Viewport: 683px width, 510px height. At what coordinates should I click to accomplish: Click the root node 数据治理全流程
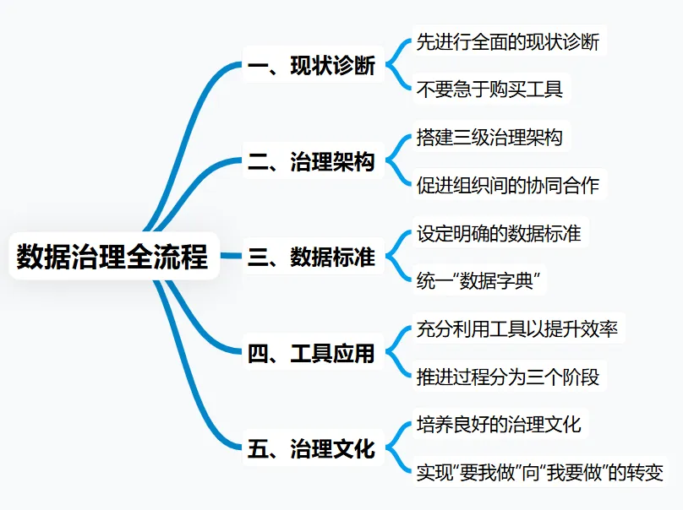click(x=112, y=256)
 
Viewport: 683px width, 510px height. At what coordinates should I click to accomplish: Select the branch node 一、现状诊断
click(x=311, y=66)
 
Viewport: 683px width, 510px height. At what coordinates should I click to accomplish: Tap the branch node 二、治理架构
click(x=311, y=161)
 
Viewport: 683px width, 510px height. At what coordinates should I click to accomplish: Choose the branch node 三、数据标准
click(x=311, y=257)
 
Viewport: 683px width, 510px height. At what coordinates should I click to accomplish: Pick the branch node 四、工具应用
click(x=311, y=353)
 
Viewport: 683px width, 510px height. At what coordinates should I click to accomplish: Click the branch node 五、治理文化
click(x=311, y=448)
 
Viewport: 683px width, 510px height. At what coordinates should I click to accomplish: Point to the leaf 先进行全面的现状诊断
click(x=507, y=41)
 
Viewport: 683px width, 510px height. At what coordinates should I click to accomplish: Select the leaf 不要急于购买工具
click(x=489, y=88)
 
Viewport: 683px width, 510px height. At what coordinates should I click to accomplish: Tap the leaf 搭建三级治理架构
click(x=489, y=138)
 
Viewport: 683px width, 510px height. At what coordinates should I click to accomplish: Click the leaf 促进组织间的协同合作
click(x=507, y=184)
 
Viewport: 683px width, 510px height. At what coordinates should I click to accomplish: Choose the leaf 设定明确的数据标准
click(x=499, y=233)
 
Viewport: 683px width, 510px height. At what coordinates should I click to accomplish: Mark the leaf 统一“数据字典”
click(x=478, y=280)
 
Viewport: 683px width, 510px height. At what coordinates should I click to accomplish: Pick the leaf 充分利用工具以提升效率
click(x=516, y=328)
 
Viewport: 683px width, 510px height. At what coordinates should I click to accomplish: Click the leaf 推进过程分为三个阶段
click(x=507, y=376)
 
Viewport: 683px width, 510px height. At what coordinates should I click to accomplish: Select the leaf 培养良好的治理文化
click(x=499, y=424)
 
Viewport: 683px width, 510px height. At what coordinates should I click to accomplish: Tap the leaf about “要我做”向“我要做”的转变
click(x=540, y=471)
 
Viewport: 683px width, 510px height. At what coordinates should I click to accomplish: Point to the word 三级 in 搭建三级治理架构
click(x=471, y=138)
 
